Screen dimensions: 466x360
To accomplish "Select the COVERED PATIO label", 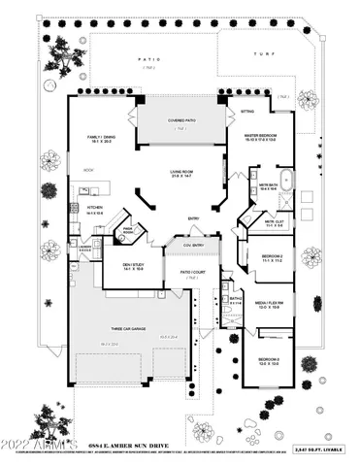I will click(x=181, y=119).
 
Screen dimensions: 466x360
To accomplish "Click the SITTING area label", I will click(x=246, y=112).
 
